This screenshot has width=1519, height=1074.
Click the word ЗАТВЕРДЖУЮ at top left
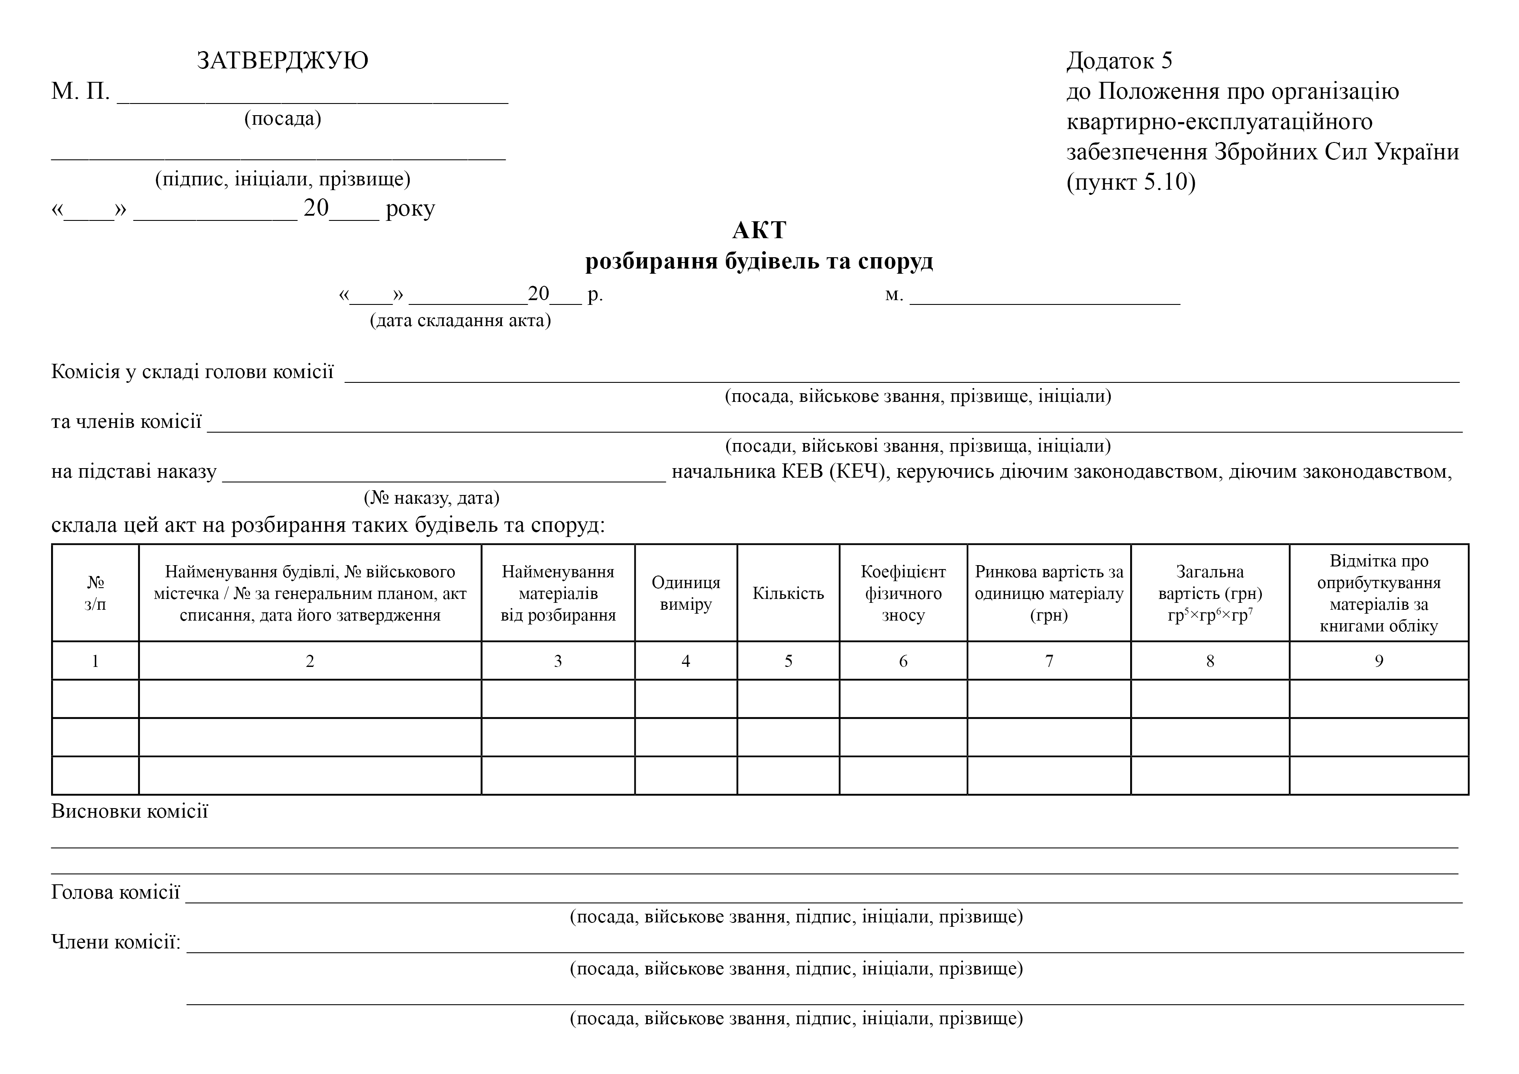click(282, 61)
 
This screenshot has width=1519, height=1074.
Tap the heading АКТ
click(759, 230)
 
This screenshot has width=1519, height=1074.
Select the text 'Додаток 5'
click(1119, 61)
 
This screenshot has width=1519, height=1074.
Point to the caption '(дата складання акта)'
click(460, 321)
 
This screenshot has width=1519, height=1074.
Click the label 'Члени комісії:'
click(116, 941)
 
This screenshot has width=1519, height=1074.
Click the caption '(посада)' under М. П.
click(282, 119)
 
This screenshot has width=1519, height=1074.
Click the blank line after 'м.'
click(1045, 296)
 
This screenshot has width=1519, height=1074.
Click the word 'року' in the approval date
click(410, 209)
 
